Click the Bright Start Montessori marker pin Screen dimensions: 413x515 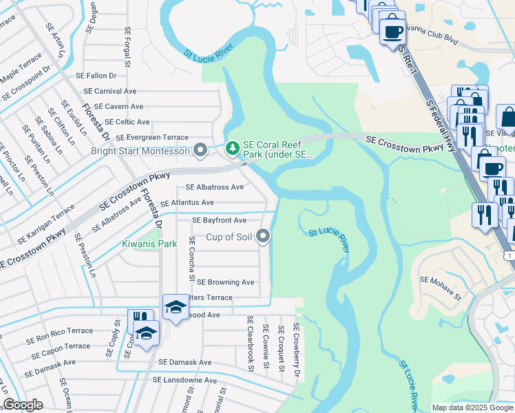(x=200, y=149)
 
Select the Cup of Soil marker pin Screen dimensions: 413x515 (x=263, y=237)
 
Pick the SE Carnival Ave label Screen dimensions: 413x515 (x=110, y=91)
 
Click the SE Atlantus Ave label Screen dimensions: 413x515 (x=187, y=203)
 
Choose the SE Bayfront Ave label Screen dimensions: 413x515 (x=219, y=220)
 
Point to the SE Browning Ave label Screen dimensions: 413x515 (x=226, y=282)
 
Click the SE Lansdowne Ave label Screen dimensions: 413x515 (x=185, y=380)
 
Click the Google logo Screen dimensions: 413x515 (x=23, y=405)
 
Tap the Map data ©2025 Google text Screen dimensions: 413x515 (x=472, y=407)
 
